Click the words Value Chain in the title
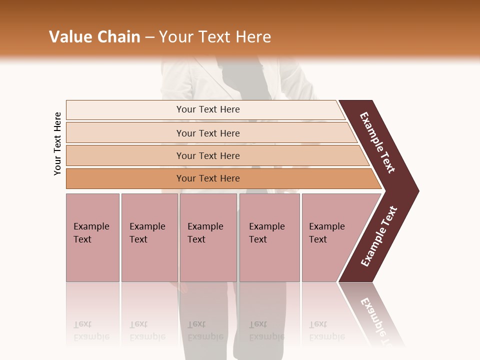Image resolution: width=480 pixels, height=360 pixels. pos(94,37)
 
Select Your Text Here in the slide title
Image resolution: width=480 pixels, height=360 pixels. pos(215,37)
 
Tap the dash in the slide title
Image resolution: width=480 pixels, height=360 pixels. pos(149,37)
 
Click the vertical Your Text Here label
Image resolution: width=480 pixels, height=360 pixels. pos(57,143)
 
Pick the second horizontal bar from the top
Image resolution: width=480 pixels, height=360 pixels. pos(207,133)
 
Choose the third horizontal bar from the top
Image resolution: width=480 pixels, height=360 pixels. pos(207,155)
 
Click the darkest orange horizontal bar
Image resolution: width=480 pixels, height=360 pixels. pos(207,178)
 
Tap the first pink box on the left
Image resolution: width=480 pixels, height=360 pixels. pos(92,237)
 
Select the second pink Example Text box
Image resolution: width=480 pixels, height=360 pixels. pos(149,237)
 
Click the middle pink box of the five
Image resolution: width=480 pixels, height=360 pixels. pos(208,237)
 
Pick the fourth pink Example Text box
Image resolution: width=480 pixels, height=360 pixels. pos(269,237)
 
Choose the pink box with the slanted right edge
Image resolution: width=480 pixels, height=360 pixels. pos(332,237)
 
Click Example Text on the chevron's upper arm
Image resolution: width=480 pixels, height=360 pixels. pos(377,142)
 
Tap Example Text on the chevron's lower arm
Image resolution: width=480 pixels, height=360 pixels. pos(378,236)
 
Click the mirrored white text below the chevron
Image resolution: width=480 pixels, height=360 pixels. pos(377,317)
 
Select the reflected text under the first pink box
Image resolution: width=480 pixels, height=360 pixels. pos(91,330)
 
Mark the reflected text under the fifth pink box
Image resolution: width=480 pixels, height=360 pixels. pos(326,330)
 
